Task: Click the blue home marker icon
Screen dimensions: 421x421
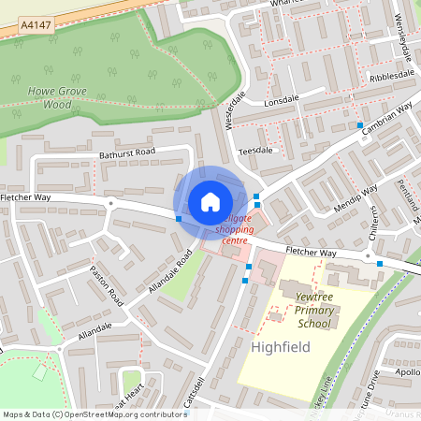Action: pyautogui.click(x=210, y=202)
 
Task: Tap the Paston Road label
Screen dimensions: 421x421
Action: pyautogui.click(x=107, y=285)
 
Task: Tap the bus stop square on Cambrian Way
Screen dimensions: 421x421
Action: pyautogui.click(x=360, y=124)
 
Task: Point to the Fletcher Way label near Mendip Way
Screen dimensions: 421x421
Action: pyautogui.click(x=310, y=253)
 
